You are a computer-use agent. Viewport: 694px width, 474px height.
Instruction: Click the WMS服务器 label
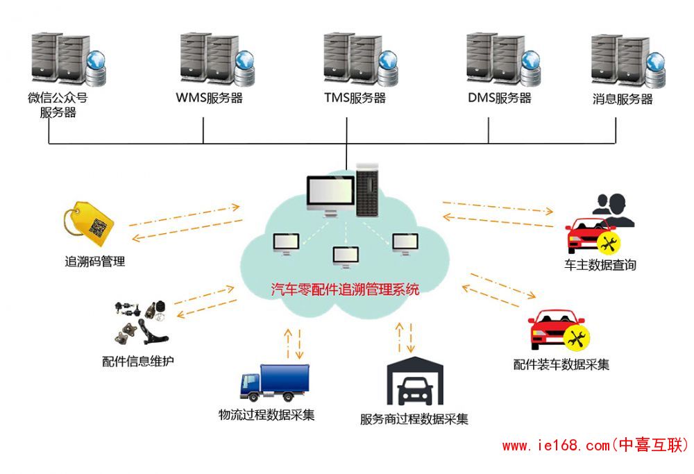[210, 98]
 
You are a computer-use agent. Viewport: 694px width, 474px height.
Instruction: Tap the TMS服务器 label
[355, 98]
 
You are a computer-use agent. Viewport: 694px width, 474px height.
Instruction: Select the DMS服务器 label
[499, 98]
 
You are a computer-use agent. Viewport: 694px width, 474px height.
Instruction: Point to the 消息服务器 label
[623, 99]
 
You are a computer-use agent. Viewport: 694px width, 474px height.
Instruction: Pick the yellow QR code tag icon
[88, 223]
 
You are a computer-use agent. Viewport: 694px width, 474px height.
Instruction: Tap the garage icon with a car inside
[414, 383]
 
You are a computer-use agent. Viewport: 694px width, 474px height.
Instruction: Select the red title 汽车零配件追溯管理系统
[345, 290]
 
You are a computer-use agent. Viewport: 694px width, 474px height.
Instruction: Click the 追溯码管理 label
[94, 262]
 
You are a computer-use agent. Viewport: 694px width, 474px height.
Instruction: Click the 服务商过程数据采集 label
[414, 419]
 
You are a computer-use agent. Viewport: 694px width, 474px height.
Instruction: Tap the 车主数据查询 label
[600, 264]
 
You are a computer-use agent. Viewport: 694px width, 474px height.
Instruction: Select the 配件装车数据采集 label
[561, 364]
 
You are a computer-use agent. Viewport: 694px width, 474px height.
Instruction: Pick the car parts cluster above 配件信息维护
[141, 321]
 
